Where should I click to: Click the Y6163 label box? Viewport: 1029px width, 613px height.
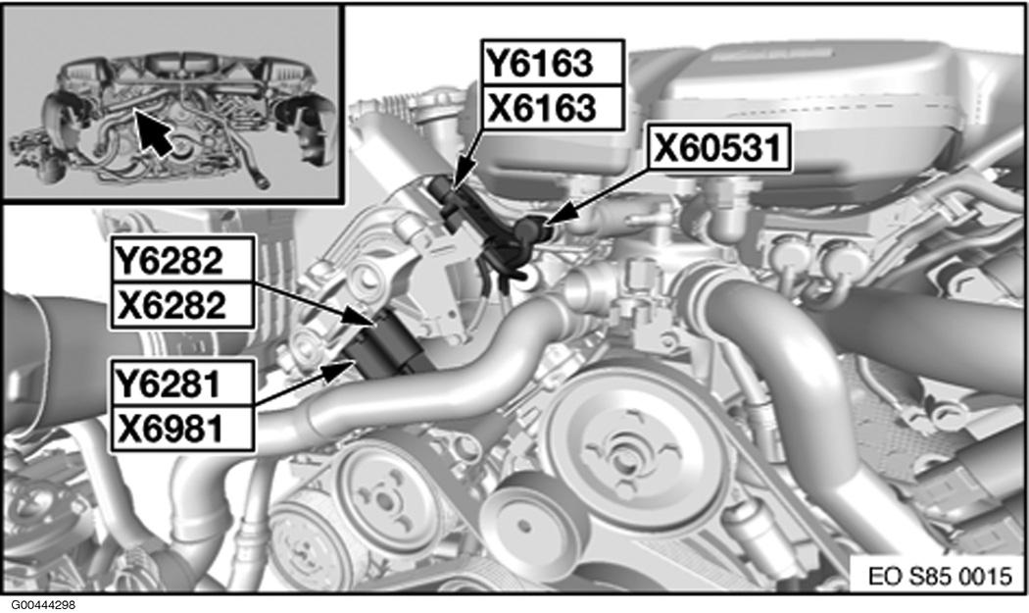coord(552,63)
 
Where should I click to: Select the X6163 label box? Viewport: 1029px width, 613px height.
coord(552,107)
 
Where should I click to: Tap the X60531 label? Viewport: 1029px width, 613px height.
coord(719,148)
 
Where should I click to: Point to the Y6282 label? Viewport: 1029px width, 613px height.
coord(182,260)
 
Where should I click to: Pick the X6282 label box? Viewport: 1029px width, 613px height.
coord(182,305)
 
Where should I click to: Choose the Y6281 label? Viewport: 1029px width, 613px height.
coord(182,383)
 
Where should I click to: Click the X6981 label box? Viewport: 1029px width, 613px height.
coord(182,429)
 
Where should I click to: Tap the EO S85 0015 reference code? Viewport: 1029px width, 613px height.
coord(939,576)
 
